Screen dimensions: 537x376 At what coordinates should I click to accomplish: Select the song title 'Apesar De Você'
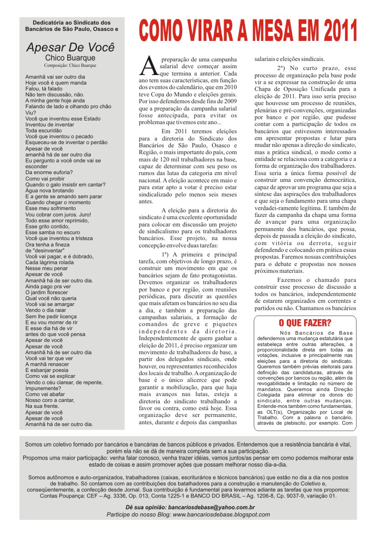click(x=70, y=47)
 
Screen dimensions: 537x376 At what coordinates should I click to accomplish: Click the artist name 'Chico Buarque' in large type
click(x=70, y=58)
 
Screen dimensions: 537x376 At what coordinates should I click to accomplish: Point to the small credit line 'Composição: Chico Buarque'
click(x=70, y=65)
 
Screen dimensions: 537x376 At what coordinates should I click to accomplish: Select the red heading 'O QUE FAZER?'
click(x=305, y=323)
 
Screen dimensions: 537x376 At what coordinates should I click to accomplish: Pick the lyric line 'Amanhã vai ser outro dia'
click(x=55, y=77)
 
